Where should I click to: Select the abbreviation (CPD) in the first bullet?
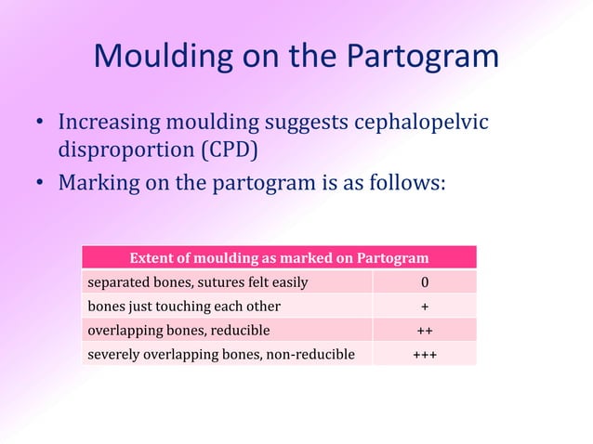pos(230,150)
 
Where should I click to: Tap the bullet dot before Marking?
pos(41,181)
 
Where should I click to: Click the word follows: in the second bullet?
pos(407,181)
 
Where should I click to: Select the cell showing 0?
pos(424,281)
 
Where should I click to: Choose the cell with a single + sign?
pos(424,306)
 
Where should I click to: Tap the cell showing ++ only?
pos(424,330)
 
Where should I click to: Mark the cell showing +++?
pos(424,354)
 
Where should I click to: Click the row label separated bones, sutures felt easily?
pos(196,281)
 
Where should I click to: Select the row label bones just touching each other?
pos(183,306)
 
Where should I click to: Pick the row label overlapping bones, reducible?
pos(178,330)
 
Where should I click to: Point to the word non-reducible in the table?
pos(312,354)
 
